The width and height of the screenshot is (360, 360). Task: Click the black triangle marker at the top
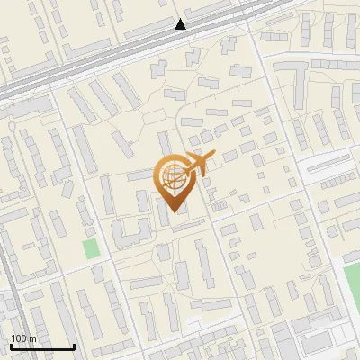coord(181,24)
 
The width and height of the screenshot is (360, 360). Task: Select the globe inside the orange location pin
coord(172,174)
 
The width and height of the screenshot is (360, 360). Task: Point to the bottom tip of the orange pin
coord(174,211)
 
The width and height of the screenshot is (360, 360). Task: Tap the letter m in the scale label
coord(33,338)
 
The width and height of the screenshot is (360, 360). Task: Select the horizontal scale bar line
coord(41,346)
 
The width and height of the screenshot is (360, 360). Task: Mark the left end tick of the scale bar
coord(10,345)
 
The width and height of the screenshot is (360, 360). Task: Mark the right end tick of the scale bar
coord(73,345)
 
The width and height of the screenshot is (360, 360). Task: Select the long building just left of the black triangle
coord(148,32)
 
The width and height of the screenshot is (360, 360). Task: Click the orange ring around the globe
coord(160,175)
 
